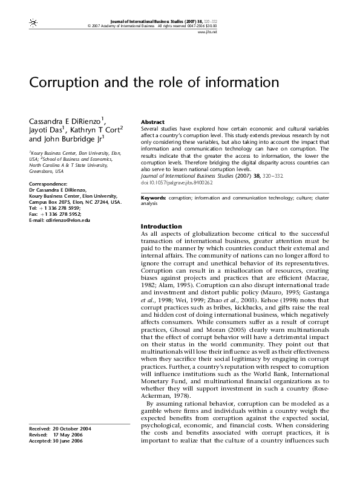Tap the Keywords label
coord(154,181)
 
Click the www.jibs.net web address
coord(326,31)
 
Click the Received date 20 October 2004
coord(72,428)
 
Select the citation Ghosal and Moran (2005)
coord(194,347)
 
